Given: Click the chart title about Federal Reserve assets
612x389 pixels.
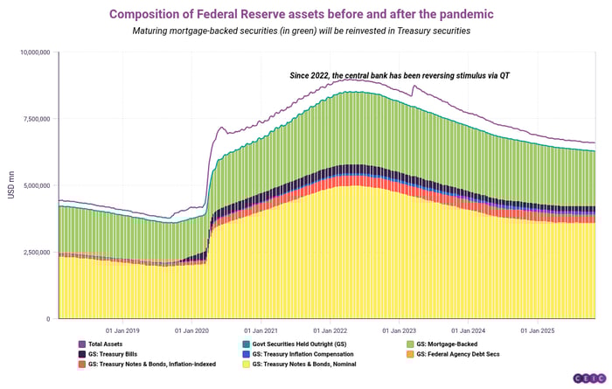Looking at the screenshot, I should [306, 14].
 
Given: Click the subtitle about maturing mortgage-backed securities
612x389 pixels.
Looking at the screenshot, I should [306, 31].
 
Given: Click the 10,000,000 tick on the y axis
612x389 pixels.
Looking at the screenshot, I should [36, 52].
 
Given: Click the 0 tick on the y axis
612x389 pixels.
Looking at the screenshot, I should [49, 319].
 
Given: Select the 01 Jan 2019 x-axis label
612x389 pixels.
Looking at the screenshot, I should [122, 331].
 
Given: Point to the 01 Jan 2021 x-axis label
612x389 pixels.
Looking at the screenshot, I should [261, 331].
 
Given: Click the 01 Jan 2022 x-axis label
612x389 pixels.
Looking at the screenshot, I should [331, 331].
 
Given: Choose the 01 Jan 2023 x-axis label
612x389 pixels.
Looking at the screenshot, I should [400, 331].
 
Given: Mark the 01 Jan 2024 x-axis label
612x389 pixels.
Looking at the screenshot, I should [470, 331].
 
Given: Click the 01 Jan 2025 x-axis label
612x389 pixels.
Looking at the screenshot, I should [539, 331].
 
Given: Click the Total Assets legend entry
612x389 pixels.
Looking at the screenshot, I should [106, 344].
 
